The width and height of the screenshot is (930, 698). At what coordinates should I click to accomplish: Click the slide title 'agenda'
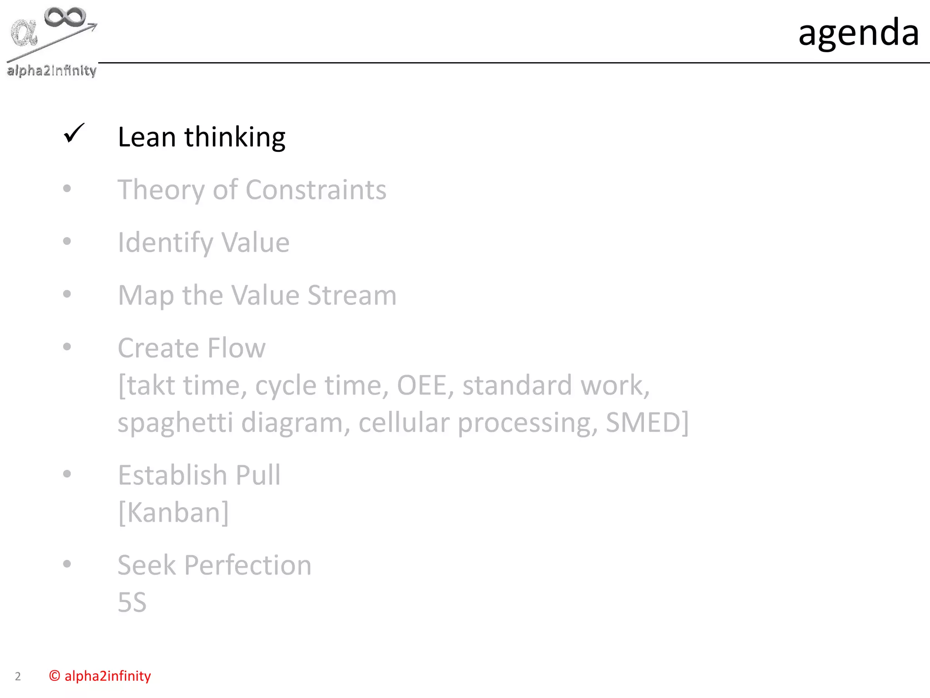pos(858,33)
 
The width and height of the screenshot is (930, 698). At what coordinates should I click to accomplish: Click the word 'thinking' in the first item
pos(235,137)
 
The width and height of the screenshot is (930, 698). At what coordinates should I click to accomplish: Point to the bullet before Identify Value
pos(67,241)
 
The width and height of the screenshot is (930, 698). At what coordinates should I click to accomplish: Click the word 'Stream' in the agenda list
pos(352,295)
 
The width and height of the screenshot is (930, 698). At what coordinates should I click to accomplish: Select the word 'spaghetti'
pos(175,423)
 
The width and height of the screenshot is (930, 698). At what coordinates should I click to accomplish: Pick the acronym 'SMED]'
pos(647,423)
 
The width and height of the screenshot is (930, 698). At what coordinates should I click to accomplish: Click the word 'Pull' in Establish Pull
pos(258,475)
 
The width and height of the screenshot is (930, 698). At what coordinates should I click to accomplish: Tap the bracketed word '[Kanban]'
pos(173,513)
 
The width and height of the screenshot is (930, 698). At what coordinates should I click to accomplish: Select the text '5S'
pos(132,603)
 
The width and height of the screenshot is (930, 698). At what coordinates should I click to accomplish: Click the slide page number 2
pos(18,677)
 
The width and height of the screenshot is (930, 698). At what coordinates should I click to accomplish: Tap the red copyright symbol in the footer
pos(54,676)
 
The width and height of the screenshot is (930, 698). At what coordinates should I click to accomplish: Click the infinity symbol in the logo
pos(65,18)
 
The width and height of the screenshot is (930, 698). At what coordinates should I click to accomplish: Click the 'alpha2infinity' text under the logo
pos(52,70)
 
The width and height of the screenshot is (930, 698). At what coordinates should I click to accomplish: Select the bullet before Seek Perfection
pos(67,564)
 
